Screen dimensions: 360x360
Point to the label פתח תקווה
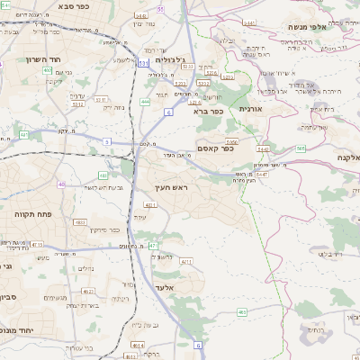pyautogui.click(x=34, y=215)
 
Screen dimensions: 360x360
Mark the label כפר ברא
pyautogui.click(x=206, y=112)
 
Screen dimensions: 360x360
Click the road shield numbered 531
pyautogui.click(x=143, y=64)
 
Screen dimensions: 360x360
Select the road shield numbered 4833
pyautogui.click(x=80, y=221)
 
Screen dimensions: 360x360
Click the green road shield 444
pyautogui.click(x=145, y=102)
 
